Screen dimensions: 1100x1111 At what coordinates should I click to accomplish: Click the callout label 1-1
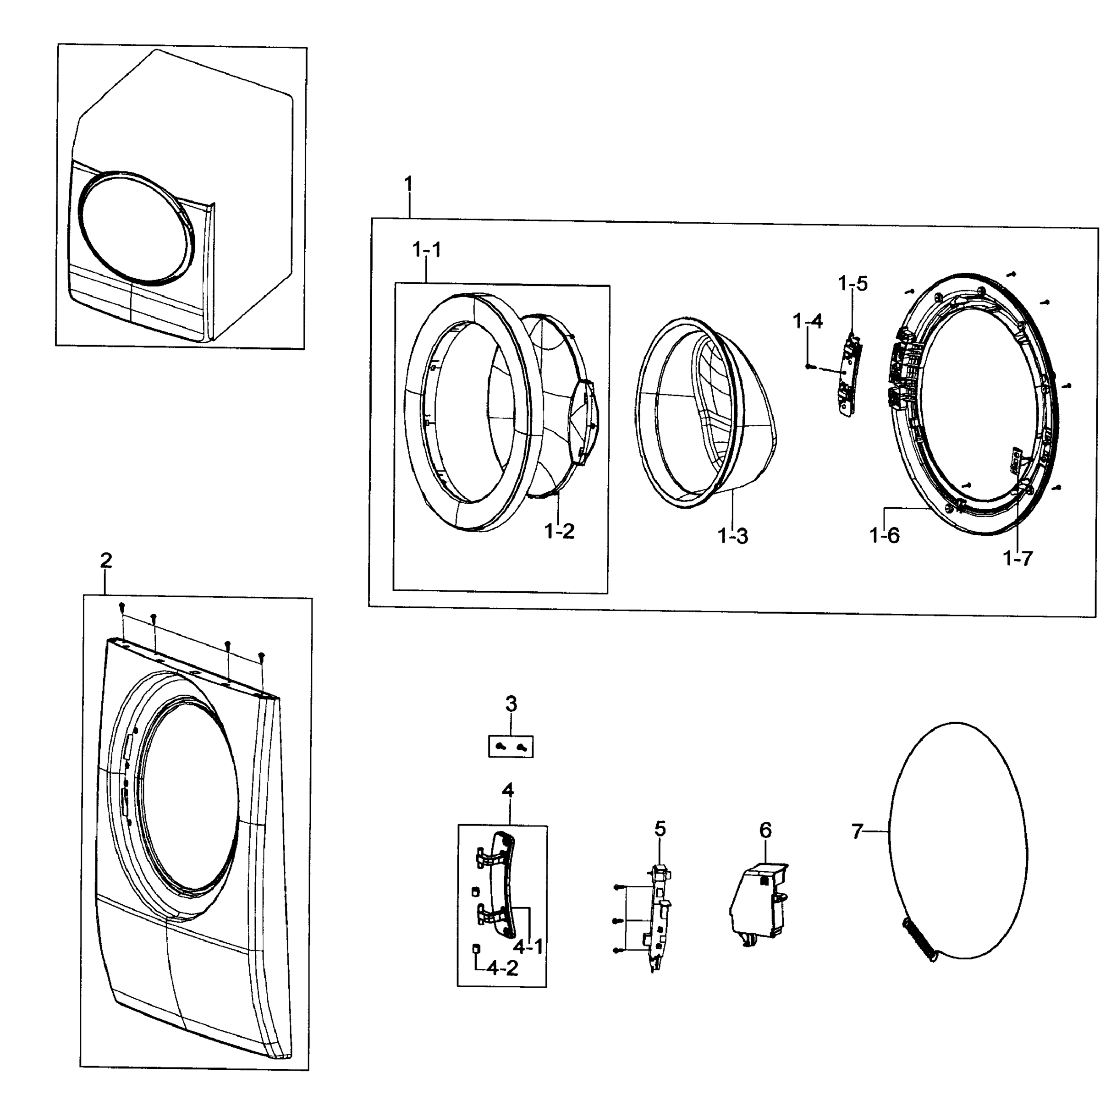[x=427, y=250]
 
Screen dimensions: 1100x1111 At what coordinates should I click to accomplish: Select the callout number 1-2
[x=560, y=531]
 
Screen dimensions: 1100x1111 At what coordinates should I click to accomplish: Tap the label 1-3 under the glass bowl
[x=732, y=536]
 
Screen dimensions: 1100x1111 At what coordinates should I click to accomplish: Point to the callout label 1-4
[x=808, y=321]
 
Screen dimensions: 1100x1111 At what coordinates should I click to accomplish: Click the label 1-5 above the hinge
[x=853, y=284]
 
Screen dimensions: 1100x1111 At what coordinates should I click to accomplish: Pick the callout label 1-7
[x=1018, y=557]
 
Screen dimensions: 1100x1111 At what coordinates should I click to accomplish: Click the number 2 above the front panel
[x=106, y=560]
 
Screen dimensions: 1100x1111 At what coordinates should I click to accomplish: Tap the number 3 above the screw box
[x=511, y=704]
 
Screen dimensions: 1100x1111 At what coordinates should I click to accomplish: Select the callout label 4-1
[x=528, y=946]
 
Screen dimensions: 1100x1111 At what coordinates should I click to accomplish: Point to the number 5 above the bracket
[x=660, y=829]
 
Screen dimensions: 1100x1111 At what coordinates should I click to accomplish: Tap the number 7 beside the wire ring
[x=858, y=831]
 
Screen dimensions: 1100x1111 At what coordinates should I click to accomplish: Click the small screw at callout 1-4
[x=809, y=366]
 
